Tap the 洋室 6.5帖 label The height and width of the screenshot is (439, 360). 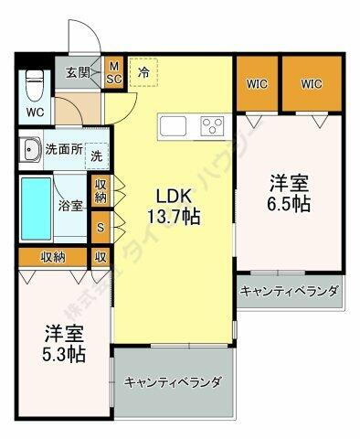pos(289,192)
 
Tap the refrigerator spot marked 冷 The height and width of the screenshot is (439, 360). pos(144,70)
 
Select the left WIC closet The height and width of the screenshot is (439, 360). pos(257,85)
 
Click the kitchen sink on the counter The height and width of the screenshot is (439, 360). pos(174,125)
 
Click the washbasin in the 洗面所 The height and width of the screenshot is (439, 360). pos(33,148)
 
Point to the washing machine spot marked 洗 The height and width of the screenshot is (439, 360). pos(96,155)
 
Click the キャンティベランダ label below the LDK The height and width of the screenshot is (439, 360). pos(173,382)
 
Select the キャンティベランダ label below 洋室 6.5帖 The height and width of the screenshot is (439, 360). pos(289,293)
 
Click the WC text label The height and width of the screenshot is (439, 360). pos(35,113)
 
